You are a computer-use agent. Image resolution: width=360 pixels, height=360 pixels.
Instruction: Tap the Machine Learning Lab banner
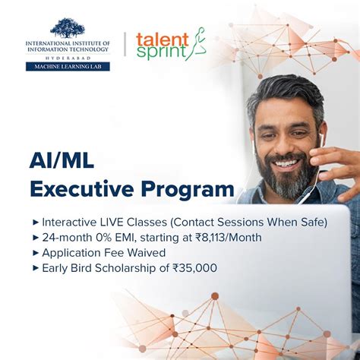pyautogui.click(x=68, y=66)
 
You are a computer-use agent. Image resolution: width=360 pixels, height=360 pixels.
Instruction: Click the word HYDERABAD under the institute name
pyautogui.click(x=68, y=57)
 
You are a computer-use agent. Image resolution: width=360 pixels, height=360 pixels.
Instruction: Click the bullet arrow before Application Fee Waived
pyautogui.click(x=36, y=253)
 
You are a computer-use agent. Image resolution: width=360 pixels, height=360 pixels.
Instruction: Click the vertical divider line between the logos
pyautogui.click(x=125, y=43)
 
